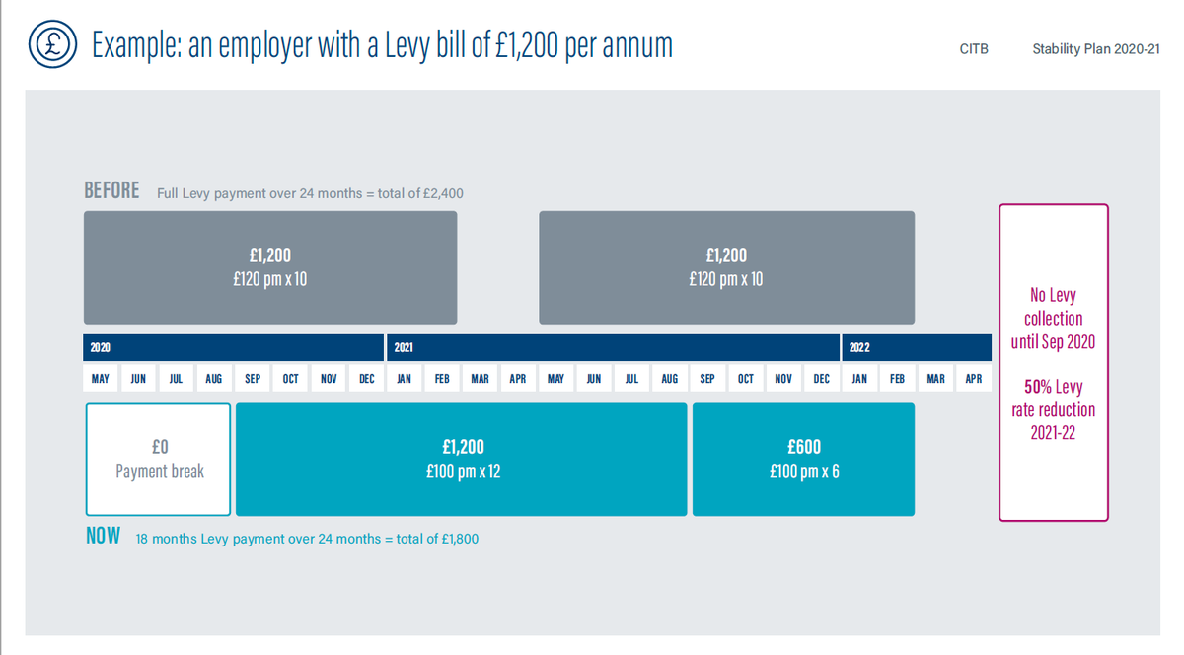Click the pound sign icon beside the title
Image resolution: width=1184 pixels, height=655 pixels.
point(50,44)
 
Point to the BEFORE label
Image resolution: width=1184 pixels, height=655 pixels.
point(111,191)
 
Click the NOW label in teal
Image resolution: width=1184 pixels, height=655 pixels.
point(103,537)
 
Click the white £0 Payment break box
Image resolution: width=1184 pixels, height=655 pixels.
point(159,460)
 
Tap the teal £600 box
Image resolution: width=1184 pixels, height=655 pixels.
point(803,460)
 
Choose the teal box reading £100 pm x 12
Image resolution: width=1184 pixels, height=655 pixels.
point(461,460)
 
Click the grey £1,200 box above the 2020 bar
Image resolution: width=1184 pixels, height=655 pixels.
point(269,267)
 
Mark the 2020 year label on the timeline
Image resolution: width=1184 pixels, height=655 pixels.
point(100,348)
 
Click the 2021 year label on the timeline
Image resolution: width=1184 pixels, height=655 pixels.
point(404,348)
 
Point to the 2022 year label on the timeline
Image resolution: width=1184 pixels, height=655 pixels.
point(858,348)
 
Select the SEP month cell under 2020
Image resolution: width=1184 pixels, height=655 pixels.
point(253,379)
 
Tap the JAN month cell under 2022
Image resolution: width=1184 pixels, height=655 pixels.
point(859,379)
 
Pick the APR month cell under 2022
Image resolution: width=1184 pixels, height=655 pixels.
point(973,379)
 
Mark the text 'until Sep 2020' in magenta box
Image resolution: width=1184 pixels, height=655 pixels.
point(1053,342)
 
